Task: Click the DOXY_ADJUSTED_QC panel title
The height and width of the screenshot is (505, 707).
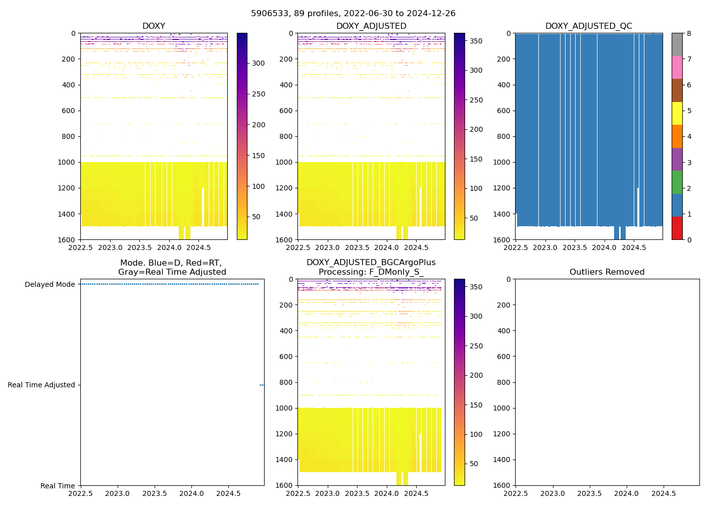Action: tap(588, 26)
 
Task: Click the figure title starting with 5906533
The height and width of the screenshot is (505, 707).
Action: tap(353, 14)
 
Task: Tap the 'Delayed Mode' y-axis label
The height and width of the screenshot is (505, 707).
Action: tap(49, 284)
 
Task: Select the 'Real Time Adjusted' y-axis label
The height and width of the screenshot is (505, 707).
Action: tap(41, 385)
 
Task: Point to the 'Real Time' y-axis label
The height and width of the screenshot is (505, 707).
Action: tap(58, 486)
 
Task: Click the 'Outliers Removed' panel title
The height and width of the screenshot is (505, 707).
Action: tap(607, 272)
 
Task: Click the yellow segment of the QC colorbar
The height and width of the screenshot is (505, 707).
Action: tap(677, 114)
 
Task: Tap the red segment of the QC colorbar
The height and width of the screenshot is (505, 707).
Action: tap(677, 228)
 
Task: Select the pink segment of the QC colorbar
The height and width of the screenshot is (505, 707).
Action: tap(677, 67)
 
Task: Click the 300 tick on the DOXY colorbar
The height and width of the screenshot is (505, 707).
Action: tap(259, 63)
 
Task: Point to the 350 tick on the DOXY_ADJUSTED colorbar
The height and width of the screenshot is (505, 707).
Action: tap(476, 41)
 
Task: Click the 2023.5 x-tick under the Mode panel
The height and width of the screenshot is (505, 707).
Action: tap(155, 493)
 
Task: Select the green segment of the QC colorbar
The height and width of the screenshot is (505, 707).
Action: tap(677, 182)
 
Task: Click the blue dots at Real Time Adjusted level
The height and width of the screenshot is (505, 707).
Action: tap(262, 385)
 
